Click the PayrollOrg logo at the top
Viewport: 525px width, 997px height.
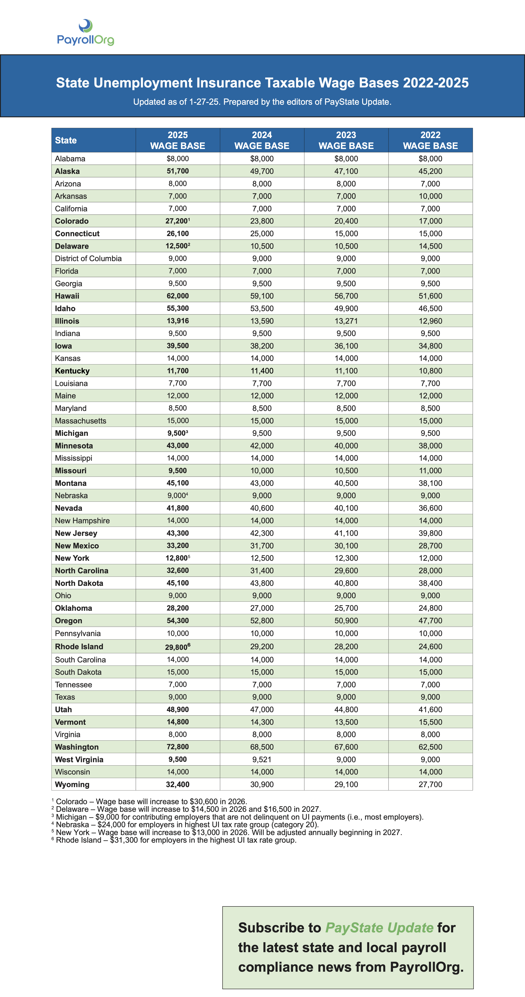click(x=86, y=33)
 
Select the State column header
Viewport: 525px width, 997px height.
click(x=66, y=141)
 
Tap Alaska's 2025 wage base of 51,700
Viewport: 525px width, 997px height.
click(x=178, y=171)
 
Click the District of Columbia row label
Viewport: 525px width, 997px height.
click(x=88, y=258)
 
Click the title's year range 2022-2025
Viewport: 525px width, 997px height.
click(x=436, y=83)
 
